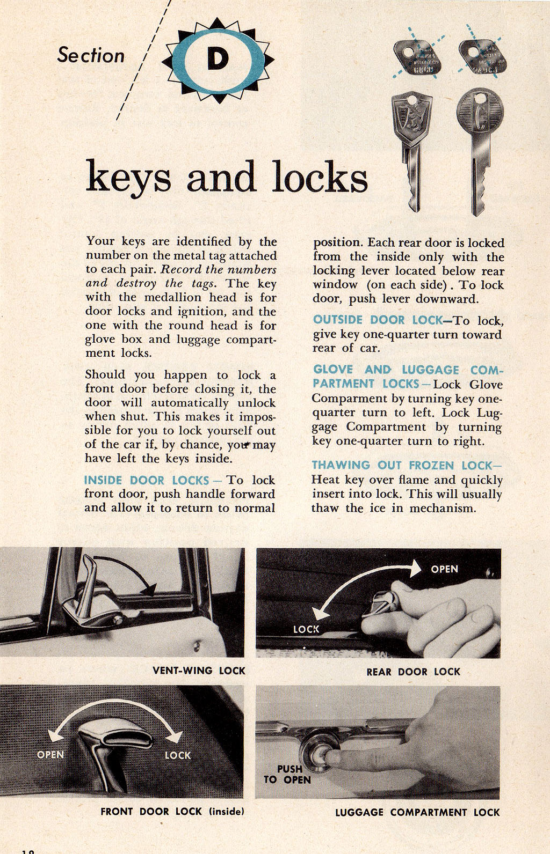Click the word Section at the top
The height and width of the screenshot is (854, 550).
pyautogui.click(x=91, y=55)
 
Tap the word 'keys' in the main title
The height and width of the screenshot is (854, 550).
pyautogui.click(x=128, y=177)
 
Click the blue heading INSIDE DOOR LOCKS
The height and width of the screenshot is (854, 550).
pyautogui.click(x=147, y=480)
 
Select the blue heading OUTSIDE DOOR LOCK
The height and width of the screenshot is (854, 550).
pyautogui.click(x=378, y=320)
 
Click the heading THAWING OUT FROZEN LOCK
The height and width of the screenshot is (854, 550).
pyautogui.click(x=402, y=465)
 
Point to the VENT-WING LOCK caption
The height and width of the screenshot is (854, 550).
pyautogui.click(x=199, y=671)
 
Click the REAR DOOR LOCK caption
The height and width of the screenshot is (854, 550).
pyautogui.click(x=413, y=671)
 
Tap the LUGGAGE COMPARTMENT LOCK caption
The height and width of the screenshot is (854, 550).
pyautogui.click(x=417, y=812)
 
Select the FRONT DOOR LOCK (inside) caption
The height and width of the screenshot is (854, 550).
pyautogui.click(x=172, y=811)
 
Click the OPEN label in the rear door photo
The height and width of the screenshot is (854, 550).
pyautogui.click(x=444, y=569)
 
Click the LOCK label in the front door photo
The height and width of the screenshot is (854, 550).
pyautogui.click(x=177, y=755)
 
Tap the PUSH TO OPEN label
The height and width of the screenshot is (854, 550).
pyautogui.click(x=288, y=774)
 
